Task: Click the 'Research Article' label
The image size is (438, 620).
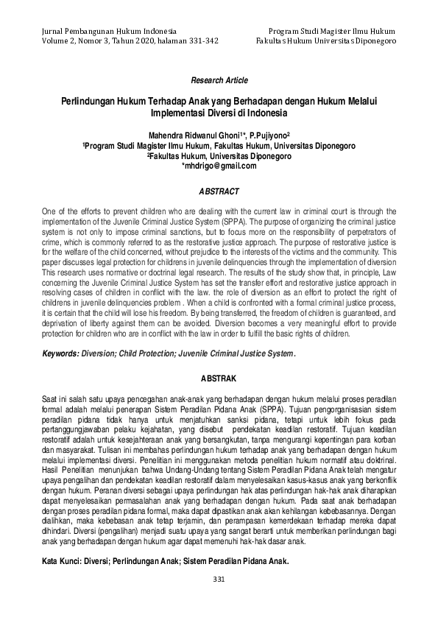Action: (x=219, y=79)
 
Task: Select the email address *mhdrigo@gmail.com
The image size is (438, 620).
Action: (x=219, y=166)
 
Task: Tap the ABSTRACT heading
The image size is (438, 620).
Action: (x=219, y=191)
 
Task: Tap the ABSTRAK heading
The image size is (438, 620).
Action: (x=219, y=378)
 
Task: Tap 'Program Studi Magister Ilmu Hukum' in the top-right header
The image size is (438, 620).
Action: (x=333, y=32)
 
